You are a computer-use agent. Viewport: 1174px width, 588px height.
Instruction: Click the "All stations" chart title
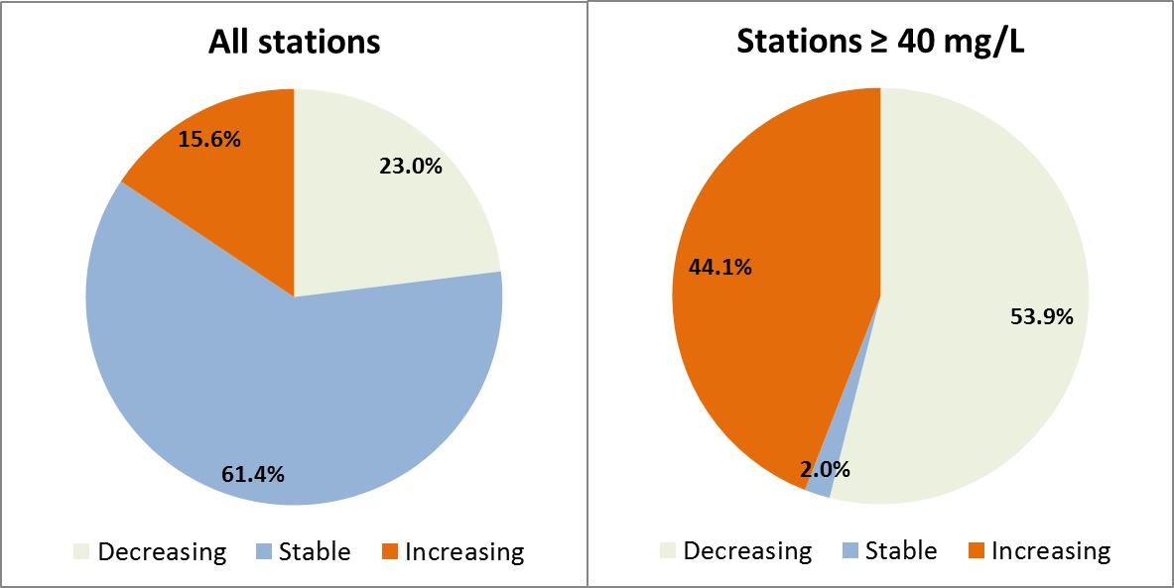pyautogui.click(x=294, y=43)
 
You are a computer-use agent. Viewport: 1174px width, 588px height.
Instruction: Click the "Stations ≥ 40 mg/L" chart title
pyautogui.click(x=879, y=43)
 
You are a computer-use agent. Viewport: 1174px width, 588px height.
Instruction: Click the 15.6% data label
pyautogui.click(x=209, y=140)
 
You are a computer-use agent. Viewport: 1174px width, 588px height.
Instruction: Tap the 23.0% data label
pyautogui.click(x=410, y=167)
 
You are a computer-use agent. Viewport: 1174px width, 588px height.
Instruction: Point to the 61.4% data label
pyautogui.click(x=253, y=474)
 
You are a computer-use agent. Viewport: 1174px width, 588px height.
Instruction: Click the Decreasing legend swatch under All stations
pyautogui.click(x=81, y=552)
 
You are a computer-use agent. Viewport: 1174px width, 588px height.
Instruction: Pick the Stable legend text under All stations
pyautogui.click(x=315, y=551)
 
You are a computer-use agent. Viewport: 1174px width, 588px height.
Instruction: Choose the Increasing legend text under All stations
pyautogui.click(x=464, y=551)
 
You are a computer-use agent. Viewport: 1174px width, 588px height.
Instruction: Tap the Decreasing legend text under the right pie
pyautogui.click(x=747, y=550)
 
